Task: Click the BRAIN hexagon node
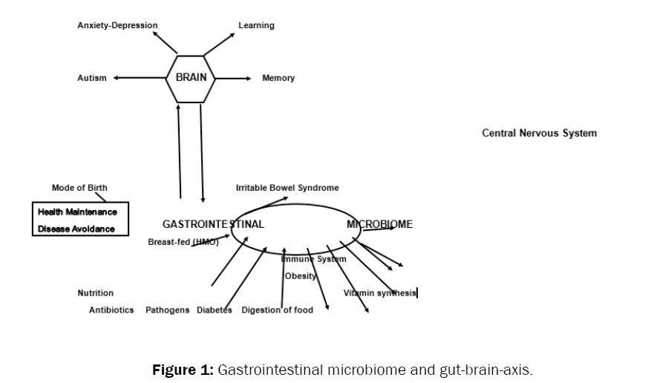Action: pyautogui.click(x=191, y=77)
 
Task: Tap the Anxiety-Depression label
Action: pyautogui.click(x=117, y=25)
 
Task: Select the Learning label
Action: pyautogui.click(x=256, y=25)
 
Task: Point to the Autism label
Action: pyautogui.click(x=92, y=78)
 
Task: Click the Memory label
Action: pyautogui.click(x=278, y=78)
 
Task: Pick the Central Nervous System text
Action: pyautogui.click(x=539, y=134)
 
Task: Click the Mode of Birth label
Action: pyautogui.click(x=79, y=188)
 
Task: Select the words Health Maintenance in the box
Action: pyautogui.click(x=77, y=212)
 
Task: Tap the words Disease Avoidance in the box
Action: pyautogui.click(x=76, y=229)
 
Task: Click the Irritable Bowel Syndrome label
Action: pyautogui.click(x=287, y=188)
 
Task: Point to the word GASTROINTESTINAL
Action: pyautogui.click(x=213, y=224)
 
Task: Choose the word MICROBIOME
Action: pyautogui.click(x=379, y=224)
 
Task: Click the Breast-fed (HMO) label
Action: pyautogui.click(x=183, y=241)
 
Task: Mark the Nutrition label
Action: pyautogui.click(x=96, y=293)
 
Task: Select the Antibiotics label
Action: pyautogui.click(x=111, y=310)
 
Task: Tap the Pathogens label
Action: pyautogui.click(x=167, y=310)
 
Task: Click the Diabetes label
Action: pyautogui.click(x=214, y=310)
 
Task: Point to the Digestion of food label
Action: pyautogui.click(x=277, y=310)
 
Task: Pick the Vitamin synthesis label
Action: pyautogui.click(x=379, y=293)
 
